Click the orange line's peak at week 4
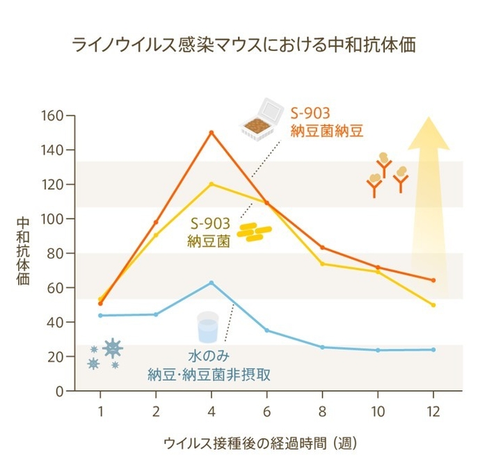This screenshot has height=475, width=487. pyautogui.click(x=211, y=132)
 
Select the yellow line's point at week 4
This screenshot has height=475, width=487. pyautogui.click(x=211, y=184)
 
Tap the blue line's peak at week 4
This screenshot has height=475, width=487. pyautogui.click(x=211, y=282)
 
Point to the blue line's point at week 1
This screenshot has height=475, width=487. pyautogui.click(x=100, y=315)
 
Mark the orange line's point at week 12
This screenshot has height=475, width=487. pyautogui.click(x=433, y=280)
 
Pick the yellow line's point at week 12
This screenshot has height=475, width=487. pyautogui.click(x=433, y=305)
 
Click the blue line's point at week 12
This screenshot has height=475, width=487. pyautogui.click(x=433, y=349)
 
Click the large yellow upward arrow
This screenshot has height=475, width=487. pyautogui.click(x=428, y=202)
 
